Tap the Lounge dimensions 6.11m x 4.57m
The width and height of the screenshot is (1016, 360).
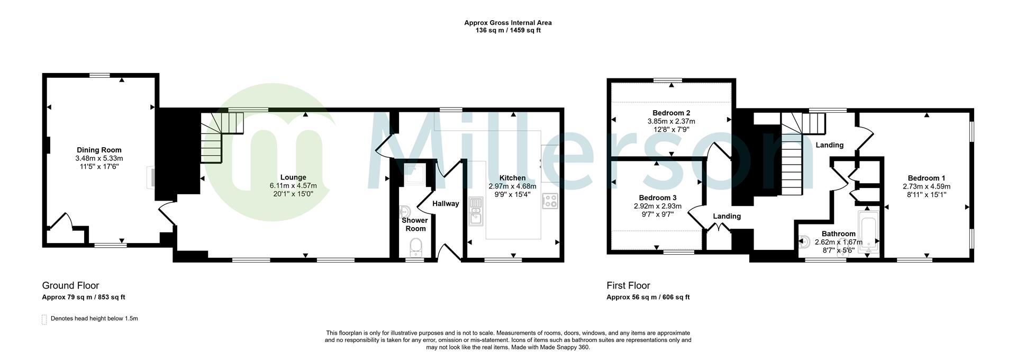(x=293, y=186)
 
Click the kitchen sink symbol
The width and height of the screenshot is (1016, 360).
(x=475, y=211)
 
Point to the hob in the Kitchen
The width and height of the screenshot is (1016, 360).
(x=550, y=201)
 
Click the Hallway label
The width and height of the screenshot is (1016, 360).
(x=446, y=204)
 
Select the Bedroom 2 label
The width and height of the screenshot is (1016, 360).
(x=671, y=113)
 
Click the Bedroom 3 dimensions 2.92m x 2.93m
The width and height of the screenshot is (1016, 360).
(x=657, y=206)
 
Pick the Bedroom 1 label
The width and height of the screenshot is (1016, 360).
(x=926, y=178)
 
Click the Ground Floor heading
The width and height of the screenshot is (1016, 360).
(x=70, y=285)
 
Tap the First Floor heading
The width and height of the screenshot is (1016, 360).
(x=628, y=285)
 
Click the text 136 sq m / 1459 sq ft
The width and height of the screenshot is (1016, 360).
(x=507, y=31)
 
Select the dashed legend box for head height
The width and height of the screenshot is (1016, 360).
(x=44, y=319)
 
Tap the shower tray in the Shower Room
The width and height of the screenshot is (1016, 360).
(x=414, y=175)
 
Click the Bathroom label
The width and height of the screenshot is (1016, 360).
(x=838, y=233)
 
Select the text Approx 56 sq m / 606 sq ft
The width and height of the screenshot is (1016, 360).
(x=648, y=298)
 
